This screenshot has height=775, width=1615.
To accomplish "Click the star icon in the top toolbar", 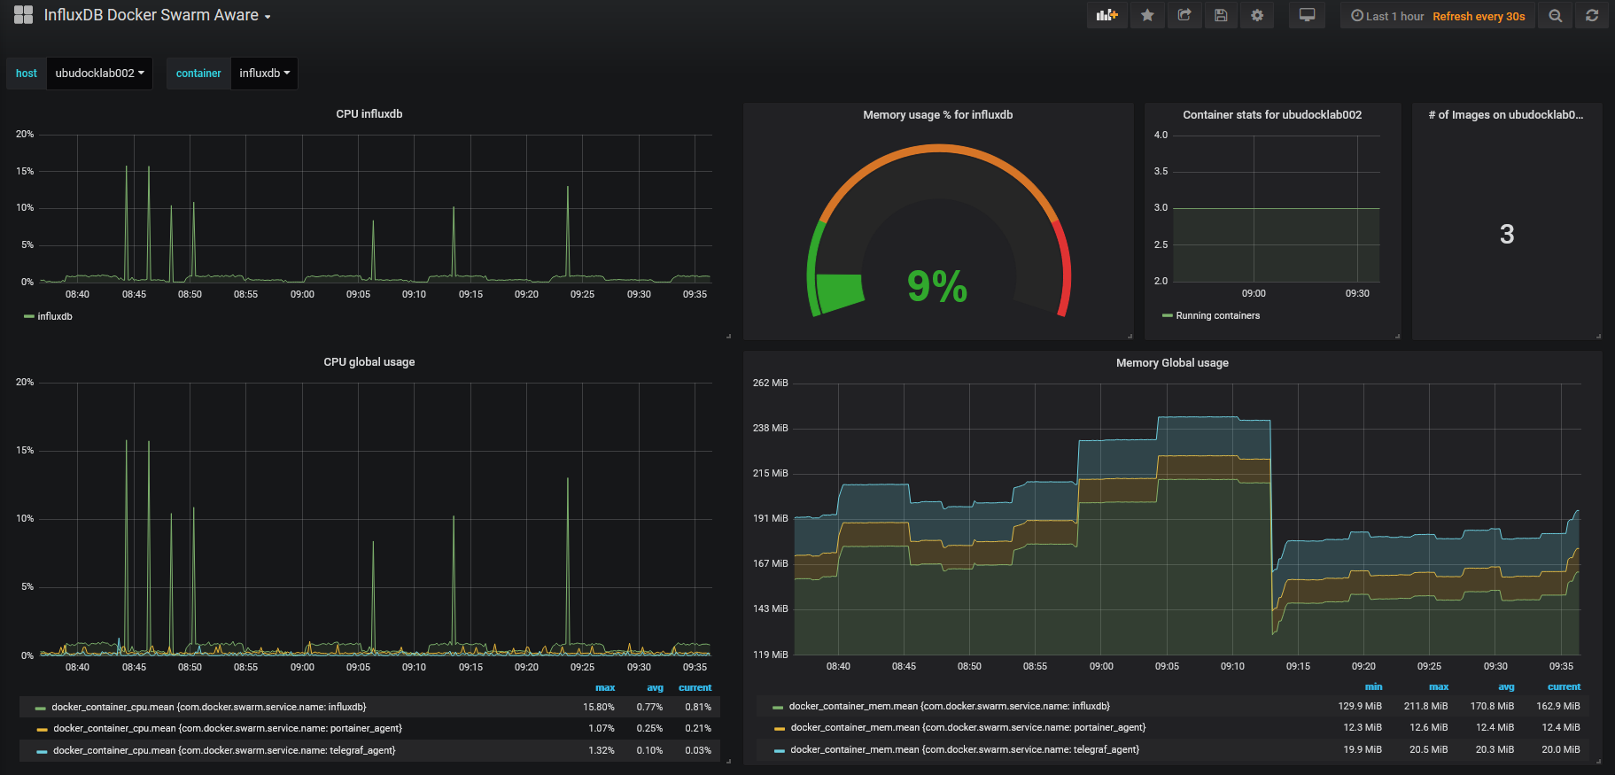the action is tap(1147, 15).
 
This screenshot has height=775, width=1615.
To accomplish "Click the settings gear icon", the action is tap(1257, 15).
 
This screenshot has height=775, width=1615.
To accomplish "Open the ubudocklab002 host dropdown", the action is tap(99, 74).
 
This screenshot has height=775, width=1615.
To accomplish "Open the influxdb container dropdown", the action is tap(264, 74).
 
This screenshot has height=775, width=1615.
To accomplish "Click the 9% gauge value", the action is tap(937, 286).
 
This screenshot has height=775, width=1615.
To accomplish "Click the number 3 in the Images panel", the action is tap(1507, 234).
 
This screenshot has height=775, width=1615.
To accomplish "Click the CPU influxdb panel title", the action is tap(369, 114).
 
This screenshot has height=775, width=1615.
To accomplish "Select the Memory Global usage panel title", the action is tap(1172, 363).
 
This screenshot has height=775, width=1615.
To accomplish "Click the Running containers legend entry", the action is tap(1217, 315).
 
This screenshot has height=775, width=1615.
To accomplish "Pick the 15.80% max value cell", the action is tap(599, 707).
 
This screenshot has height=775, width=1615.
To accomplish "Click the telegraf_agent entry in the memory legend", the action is tap(965, 749).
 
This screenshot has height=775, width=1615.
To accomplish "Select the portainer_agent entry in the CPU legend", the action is tap(228, 728).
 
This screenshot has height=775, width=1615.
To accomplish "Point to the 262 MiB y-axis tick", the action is tap(770, 383).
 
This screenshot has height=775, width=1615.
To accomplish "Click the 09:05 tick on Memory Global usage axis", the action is tap(1167, 666).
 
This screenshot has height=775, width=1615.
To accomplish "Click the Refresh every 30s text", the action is tap(1479, 16).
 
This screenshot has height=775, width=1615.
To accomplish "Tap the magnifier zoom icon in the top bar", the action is tap(1555, 15).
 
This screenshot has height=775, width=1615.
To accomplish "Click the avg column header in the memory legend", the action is tap(1506, 686).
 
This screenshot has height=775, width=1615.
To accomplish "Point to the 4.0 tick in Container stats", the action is tap(1161, 135).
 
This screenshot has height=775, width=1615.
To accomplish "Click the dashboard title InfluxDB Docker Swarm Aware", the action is tap(151, 15).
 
